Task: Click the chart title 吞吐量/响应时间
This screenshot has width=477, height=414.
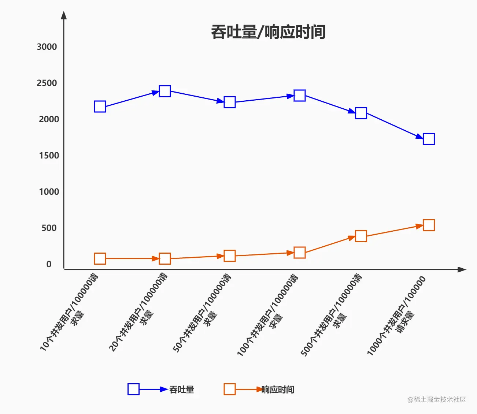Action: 268,32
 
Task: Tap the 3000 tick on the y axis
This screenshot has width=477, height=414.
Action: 47,47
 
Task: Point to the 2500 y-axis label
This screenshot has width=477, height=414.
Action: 47,83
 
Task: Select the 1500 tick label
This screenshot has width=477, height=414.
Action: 49,156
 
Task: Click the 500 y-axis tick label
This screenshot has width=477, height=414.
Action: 49,228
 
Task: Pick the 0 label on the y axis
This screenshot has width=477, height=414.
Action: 49,264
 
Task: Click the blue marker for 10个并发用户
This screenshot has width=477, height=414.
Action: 100,107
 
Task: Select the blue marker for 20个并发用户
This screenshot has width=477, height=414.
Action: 165,91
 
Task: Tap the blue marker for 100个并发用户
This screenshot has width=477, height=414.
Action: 300,96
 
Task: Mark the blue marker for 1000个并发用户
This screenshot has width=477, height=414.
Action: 429,139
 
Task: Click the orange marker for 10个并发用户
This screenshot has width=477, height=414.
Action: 100,259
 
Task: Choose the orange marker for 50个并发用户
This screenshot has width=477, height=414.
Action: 230,256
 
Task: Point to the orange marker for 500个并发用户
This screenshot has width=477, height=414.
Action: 361,236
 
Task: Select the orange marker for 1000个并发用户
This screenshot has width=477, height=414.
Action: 429,225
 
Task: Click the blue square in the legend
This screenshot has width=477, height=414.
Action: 133,389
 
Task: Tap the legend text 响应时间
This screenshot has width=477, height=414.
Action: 278,389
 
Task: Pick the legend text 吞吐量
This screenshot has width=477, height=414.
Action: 182,389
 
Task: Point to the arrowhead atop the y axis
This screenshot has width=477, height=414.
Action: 64,15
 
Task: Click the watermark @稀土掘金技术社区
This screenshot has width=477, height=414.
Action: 437,399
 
